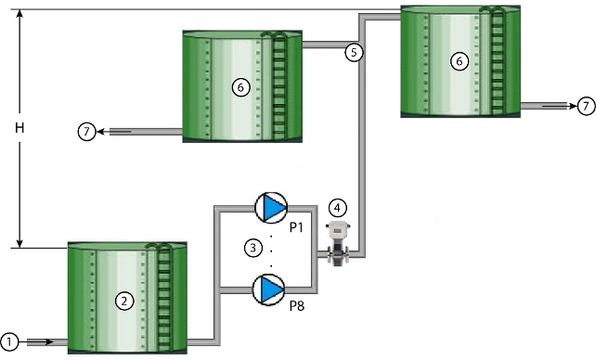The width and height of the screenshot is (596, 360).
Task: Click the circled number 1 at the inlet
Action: pos(10,341)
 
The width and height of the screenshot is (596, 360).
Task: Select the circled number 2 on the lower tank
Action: pos(121,300)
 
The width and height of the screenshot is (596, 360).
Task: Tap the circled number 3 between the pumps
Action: pos(251,247)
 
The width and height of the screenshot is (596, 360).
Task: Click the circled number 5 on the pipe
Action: pos(353,52)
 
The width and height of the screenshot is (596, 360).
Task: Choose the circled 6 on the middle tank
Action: pos(240,86)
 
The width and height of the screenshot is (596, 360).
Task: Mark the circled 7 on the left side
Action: pos(85,132)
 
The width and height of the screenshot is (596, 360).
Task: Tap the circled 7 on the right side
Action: pos(585,106)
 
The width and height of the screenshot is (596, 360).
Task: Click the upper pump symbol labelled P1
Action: pos(271,208)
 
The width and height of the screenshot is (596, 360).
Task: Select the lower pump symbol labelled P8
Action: pos(271,289)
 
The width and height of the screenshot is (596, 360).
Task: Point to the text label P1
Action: pos(297,227)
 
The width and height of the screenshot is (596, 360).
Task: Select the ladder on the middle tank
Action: pos(277,85)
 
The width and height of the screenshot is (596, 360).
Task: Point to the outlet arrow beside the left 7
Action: pos(121,132)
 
